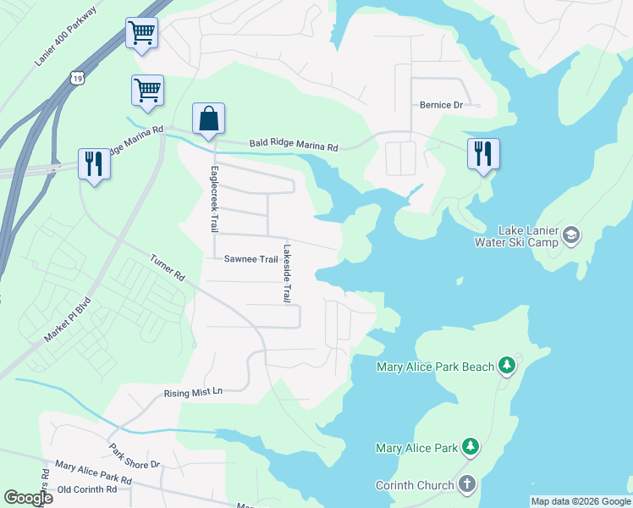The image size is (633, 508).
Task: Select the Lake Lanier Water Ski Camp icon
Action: (570, 235)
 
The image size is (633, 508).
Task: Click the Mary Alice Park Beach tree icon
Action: (507, 366)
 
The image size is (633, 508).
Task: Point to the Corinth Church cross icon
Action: (466, 484)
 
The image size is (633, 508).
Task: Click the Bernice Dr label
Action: (441, 106)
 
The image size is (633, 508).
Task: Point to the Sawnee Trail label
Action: (250, 259)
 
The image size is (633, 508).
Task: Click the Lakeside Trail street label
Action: (287, 273)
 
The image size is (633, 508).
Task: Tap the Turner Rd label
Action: (168, 268)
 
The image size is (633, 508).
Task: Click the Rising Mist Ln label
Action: (192, 393)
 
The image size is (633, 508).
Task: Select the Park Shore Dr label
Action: (134, 456)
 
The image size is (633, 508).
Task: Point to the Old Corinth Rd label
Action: (86, 489)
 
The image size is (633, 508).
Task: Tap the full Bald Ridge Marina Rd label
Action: (293, 146)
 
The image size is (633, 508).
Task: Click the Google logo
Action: (28, 497)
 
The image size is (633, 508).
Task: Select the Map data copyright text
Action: (580, 501)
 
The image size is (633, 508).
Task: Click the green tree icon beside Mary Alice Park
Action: (471, 447)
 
